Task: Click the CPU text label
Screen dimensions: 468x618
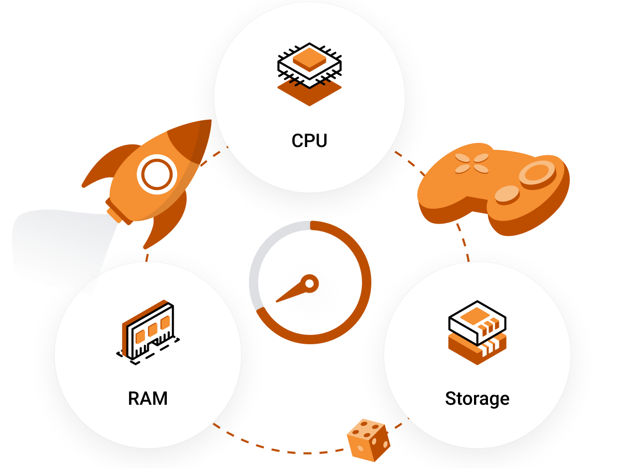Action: coord(309,141)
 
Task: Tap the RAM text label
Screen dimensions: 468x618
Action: coord(148,399)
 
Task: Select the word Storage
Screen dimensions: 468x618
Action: coord(477,399)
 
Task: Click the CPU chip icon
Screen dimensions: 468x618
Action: coord(309,65)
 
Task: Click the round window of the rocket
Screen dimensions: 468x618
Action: coord(154,174)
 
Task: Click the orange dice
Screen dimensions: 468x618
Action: coord(368,440)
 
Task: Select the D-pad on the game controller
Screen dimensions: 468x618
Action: coord(471,163)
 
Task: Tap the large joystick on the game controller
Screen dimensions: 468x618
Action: coord(537,172)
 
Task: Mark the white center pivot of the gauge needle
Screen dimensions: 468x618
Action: coord(309,283)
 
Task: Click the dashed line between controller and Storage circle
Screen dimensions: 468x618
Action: coord(464,243)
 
